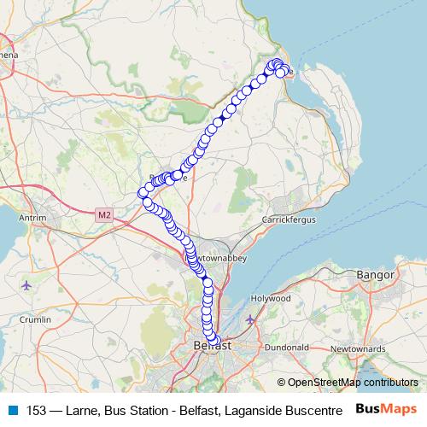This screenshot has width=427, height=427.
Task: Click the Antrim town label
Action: point(31,219)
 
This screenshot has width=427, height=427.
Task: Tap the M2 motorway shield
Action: point(104,214)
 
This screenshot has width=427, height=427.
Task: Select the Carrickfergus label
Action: point(289,220)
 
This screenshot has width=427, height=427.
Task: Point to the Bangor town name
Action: point(376,276)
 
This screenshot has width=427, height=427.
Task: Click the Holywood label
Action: point(271,299)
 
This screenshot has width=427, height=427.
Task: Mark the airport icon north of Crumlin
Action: point(27,284)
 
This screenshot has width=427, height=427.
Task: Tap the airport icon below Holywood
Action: point(249,319)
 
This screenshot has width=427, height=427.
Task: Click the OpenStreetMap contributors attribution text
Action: point(353,383)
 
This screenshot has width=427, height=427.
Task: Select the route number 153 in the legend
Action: point(36,409)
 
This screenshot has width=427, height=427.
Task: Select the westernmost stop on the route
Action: point(143,193)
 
